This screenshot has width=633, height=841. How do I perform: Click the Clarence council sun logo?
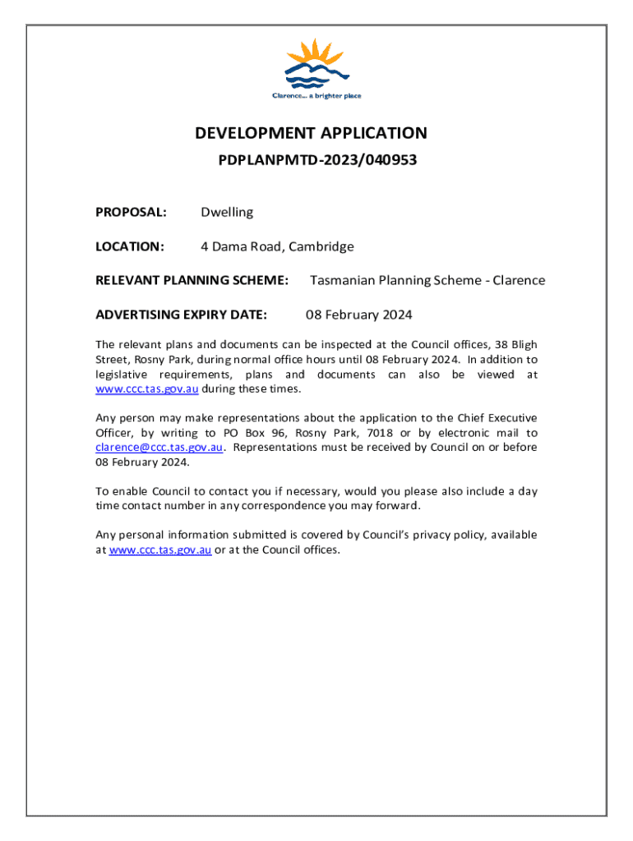tap(316, 64)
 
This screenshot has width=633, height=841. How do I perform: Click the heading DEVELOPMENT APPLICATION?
tap(311, 133)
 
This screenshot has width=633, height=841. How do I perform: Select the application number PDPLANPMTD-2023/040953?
tap(317, 161)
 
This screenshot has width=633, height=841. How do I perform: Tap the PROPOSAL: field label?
tap(132, 213)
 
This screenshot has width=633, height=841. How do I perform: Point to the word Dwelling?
tap(228, 213)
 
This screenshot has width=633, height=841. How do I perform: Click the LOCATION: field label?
tap(131, 246)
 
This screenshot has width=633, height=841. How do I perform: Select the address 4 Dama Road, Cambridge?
tap(278, 246)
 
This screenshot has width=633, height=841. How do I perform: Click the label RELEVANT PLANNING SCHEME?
tap(192, 280)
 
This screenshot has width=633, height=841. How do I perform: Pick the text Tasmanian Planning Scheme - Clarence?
tap(427, 280)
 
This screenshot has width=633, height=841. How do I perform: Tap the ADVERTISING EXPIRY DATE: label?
tap(181, 315)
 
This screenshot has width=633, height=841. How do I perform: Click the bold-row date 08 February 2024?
tap(359, 315)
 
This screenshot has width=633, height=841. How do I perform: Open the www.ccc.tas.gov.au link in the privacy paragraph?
tap(160, 550)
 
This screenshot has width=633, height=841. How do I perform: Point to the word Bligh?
tap(523, 345)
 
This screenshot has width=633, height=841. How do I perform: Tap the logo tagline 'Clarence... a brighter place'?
tap(316, 96)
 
